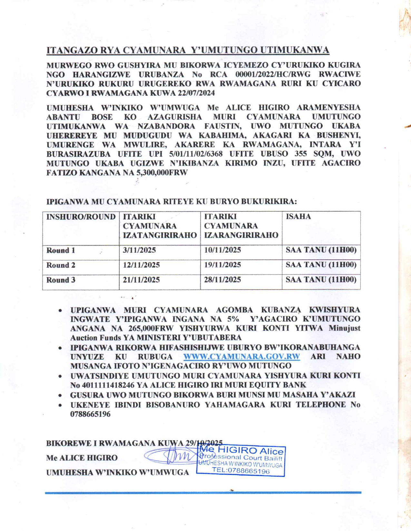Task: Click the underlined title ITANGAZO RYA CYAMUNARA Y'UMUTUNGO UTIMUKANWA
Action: click(x=188, y=50)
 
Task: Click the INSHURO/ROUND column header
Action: click(x=81, y=217)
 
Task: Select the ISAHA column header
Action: click(x=298, y=217)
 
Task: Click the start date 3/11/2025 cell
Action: click(x=139, y=250)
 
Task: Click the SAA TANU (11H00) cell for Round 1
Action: click(x=321, y=250)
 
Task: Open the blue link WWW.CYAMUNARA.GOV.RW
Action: click(x=241, y=357)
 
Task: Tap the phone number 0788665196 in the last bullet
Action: click(x=90, y=414)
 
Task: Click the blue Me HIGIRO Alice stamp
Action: click(x=241, y=461)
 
